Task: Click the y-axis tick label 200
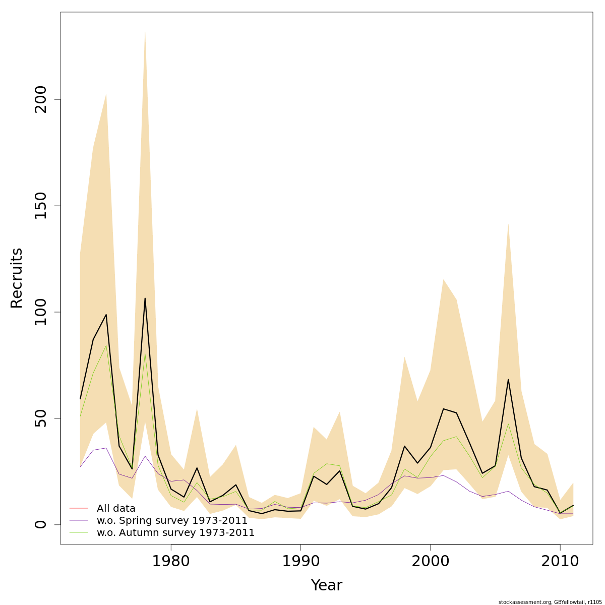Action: tap(41, 99)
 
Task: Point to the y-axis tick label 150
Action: tap(41, 206)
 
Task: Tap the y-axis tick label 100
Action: tap(41, 312)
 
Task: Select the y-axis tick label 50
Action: tap(41, 418)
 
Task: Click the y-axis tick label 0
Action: tap(41, 524)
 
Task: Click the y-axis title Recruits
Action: tap(17, 278)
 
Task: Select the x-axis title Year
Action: tap(326, 585)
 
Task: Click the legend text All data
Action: tap(116, 508)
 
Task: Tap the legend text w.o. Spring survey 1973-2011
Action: tap(172, 520)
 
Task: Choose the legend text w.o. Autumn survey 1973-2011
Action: tap(175, 532)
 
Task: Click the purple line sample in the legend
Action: tap(79, 520)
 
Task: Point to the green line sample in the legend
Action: tap(79, 532)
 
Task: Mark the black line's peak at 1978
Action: tap(145, 298)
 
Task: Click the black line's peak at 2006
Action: tap(508, 379)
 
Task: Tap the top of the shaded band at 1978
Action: tap(145, 31)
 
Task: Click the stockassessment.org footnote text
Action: tap(550, 602)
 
